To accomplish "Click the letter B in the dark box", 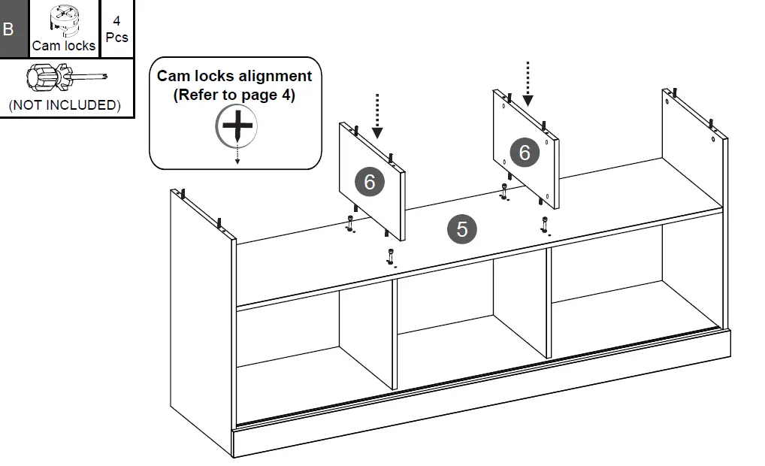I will pos(9,30).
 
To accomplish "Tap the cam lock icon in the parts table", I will pos(64,20).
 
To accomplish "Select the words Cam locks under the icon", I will pos(64,46).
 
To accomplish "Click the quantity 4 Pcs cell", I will pos(116,29).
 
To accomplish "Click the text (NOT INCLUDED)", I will pos(65,105).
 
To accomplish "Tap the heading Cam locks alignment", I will pos(234,76).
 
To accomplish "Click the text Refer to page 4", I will pos(234,95).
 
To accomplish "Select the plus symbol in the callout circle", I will pos(237,125).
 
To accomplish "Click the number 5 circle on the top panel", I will pos(462,228).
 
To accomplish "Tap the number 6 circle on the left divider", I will pos(369,181).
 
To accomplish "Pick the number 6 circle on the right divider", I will pos(524,153).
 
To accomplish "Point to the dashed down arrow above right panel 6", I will pos(528,83).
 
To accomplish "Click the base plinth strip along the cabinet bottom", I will pos(481,398).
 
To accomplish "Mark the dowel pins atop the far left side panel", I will pos(180,195).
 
